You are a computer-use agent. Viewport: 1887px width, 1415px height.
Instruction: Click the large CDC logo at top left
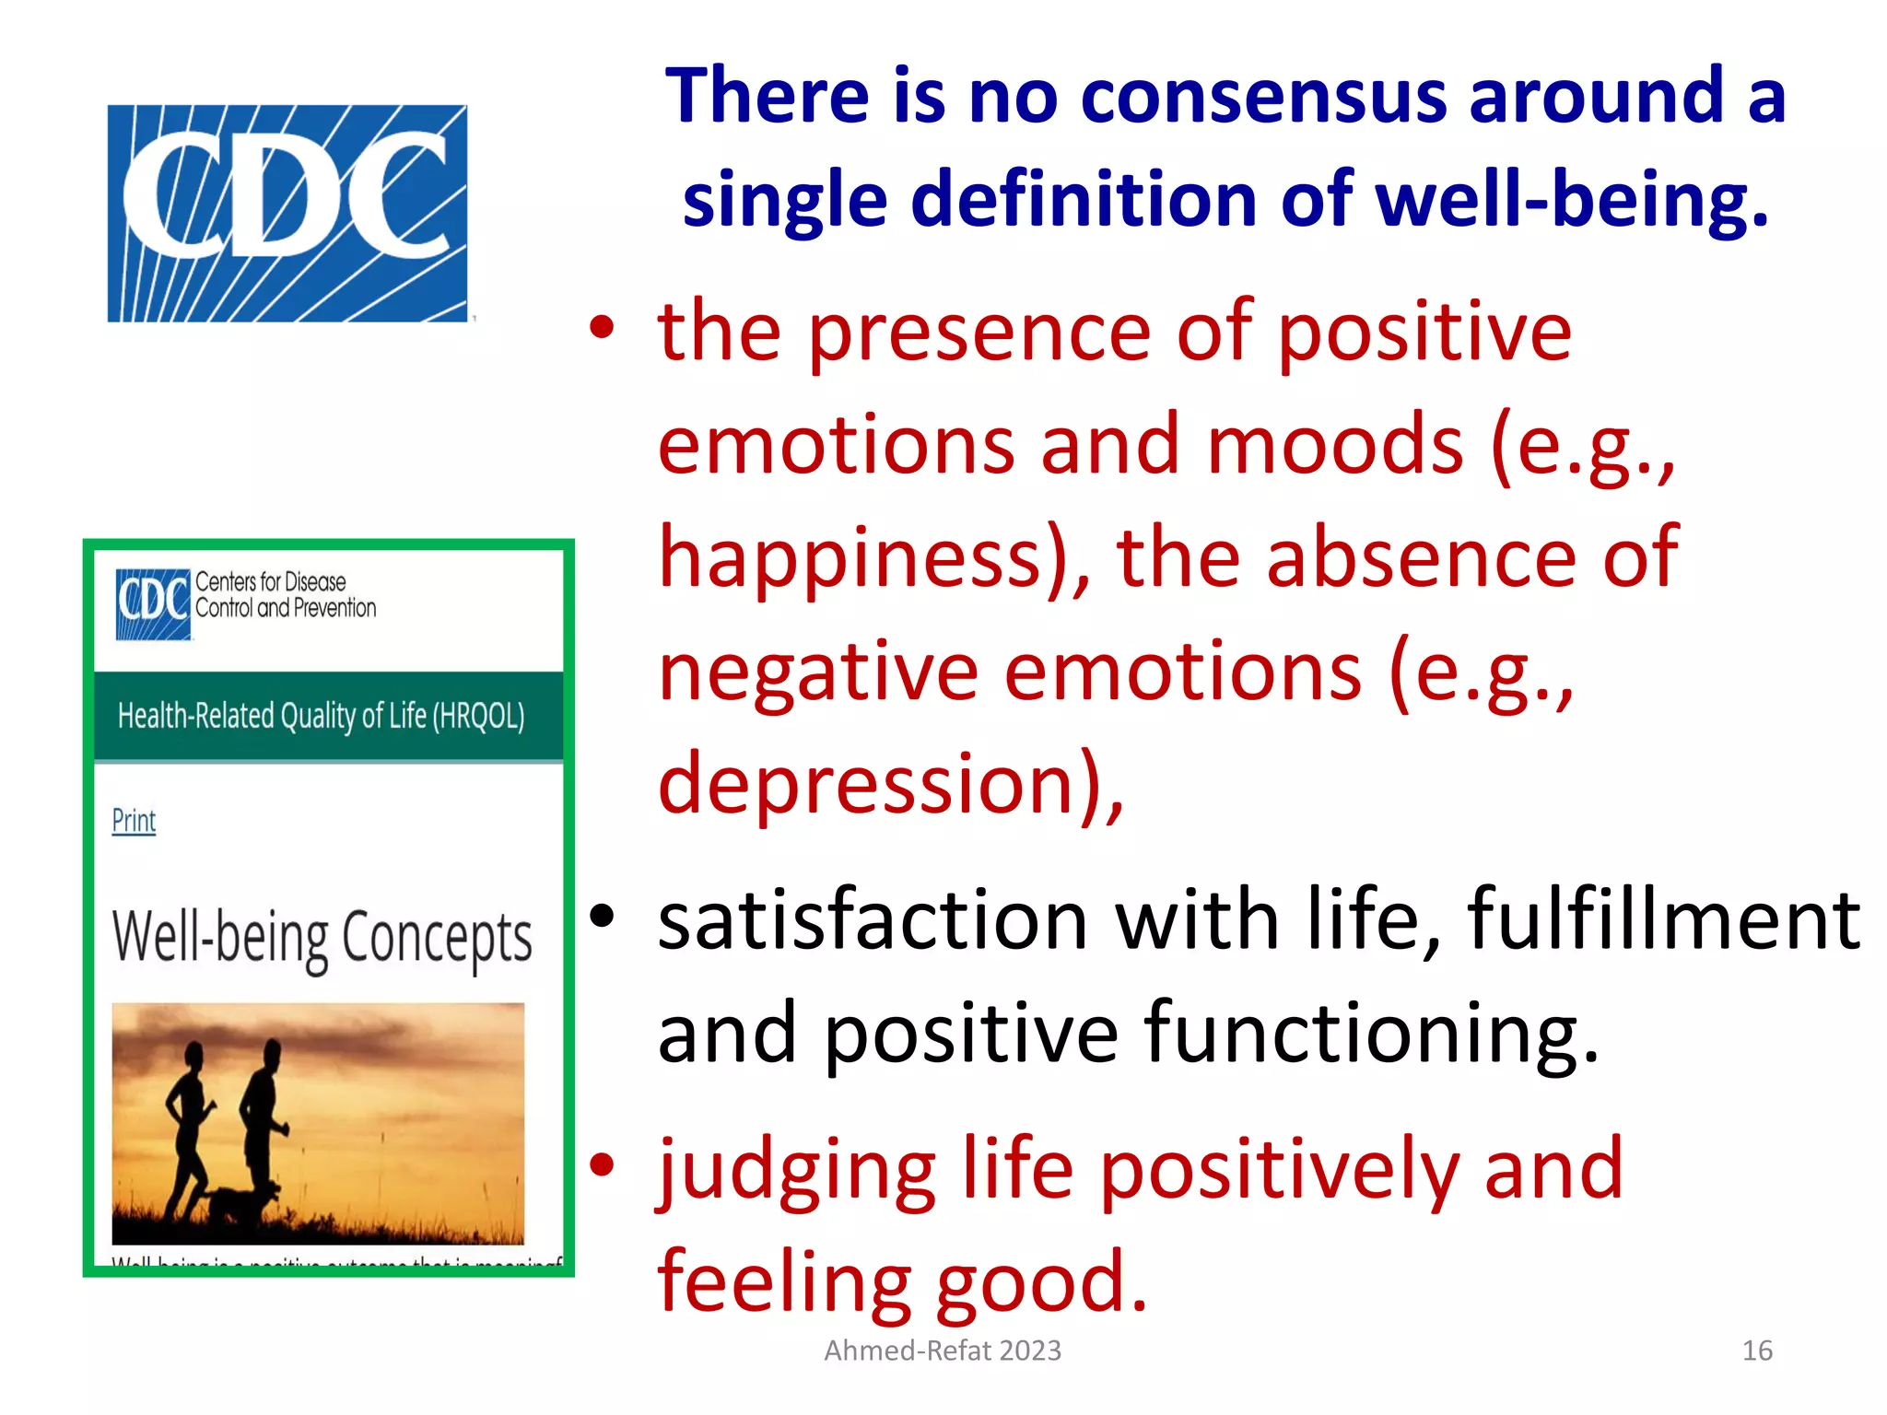pyautogui.click(x=287, y=213)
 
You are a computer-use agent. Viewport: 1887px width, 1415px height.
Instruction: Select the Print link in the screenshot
pyautogui.click(x=134, y=820)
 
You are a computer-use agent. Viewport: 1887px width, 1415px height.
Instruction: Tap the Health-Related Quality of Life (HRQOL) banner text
pyautogui.click(x=322, y=716)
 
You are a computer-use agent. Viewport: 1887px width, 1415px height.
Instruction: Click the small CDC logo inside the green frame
pyautogui.click(x=152, y=603)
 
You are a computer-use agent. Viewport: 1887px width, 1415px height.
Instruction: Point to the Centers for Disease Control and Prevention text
pyautogui.click(x=286, y=595)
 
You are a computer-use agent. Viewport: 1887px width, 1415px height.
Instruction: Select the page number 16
pyautogui.click(x=1757, y=1351)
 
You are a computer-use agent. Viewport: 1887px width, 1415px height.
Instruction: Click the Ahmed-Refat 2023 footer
pyautogui.click(x=943, y=1351)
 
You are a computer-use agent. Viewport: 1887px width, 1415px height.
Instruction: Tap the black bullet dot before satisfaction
pyautogui.click(x=602, y=917)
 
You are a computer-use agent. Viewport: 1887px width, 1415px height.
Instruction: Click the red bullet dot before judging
pyautogui.click(x=602, y=1165)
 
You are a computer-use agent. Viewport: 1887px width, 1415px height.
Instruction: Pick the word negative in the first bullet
pyautogui.click(x=818, y=672)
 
